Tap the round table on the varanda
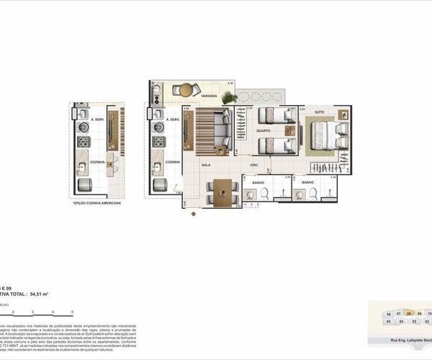point(186,90)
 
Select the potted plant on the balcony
point(228,96)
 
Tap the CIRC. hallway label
point(254,165)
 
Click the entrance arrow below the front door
point(192,213)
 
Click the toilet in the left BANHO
point(264,193)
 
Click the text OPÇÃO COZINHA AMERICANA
point(97,204)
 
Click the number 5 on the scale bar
point(72,311)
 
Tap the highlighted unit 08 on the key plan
point(409,314)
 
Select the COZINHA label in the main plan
point(172,162)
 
